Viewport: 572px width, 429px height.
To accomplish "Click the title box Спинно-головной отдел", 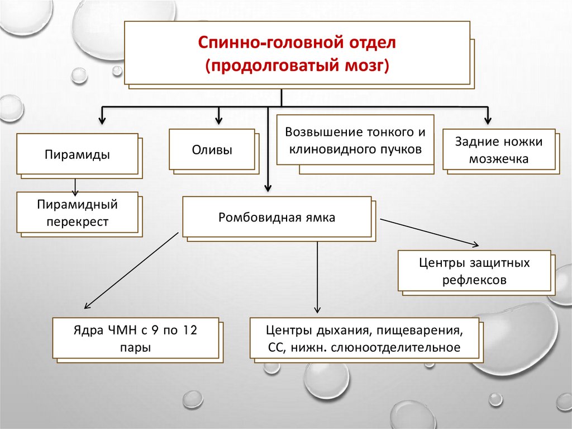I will click(296, 53).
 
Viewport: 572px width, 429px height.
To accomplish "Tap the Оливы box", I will click(212, 150).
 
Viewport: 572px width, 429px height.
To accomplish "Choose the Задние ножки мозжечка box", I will click(498, 150).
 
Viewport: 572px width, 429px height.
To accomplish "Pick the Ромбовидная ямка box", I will click(277, 217).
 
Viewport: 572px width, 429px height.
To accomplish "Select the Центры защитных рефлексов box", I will click(474, 271).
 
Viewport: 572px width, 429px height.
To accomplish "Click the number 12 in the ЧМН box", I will click(190, 330).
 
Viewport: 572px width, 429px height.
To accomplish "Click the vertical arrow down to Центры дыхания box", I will click(317, 277).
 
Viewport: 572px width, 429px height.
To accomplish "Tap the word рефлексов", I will click(474, 280).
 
